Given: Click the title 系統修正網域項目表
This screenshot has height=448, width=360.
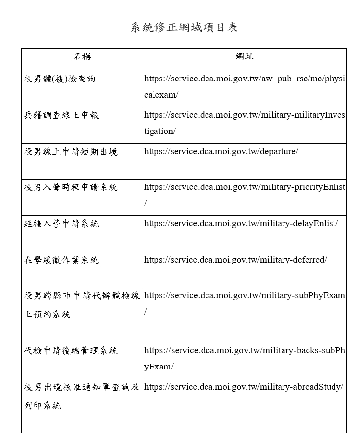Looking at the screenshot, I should coord(184,27).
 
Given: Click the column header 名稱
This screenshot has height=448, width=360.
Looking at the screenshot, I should coord(81,56).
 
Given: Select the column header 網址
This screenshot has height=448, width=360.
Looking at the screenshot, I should coord(244,56).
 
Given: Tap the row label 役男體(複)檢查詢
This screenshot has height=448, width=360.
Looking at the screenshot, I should coord(59,79).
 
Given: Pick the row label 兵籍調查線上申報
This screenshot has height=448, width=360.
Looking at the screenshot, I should coord(61,115).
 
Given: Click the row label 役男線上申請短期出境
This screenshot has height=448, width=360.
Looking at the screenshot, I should coord(71,152).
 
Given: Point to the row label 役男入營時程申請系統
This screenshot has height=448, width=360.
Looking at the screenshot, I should coord(71,187).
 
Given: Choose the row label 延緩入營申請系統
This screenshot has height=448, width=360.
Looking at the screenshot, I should coord(61,224).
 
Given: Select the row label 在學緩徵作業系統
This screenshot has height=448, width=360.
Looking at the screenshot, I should coord(61,260).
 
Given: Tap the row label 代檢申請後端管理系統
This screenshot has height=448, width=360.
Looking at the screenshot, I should coord(71,351).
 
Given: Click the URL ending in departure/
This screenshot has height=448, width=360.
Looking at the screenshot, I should coord(221,151).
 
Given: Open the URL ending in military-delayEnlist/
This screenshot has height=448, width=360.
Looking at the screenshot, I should coord(241,223).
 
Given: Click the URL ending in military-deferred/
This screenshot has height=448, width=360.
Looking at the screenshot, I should coord(235,260).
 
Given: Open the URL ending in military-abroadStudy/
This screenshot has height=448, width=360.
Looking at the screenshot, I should coord(243,387).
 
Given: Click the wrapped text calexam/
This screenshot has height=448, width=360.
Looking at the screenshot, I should coord(161,95).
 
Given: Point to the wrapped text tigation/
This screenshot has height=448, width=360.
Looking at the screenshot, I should coord(159,131).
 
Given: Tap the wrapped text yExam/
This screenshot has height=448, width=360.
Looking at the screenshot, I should coord(158,367).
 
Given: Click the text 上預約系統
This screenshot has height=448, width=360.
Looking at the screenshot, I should coord(47,314).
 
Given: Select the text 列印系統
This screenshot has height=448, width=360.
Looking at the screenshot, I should coord(43,406).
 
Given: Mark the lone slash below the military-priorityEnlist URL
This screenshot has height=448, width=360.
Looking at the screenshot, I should coord(146,203).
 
